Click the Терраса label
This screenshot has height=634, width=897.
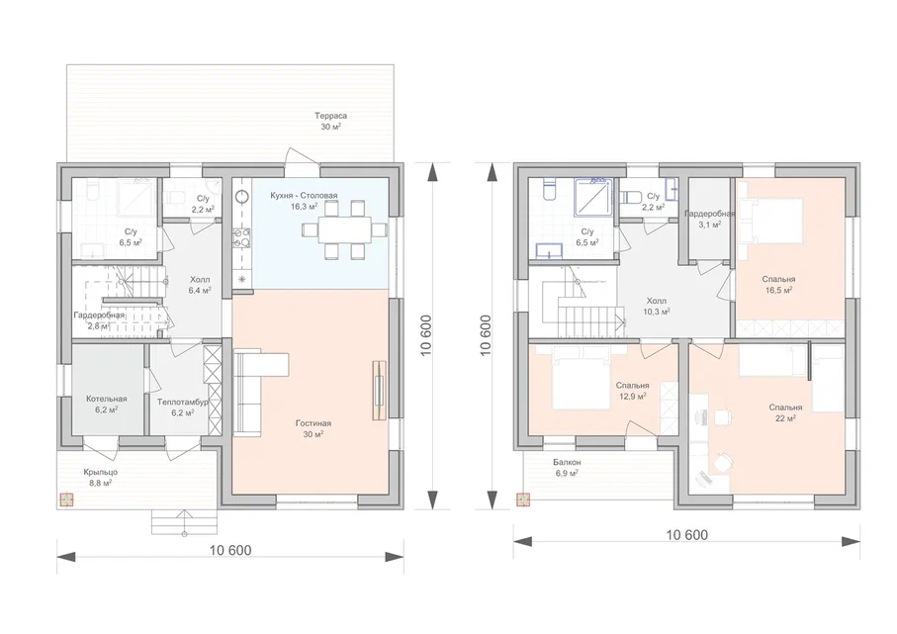[x=330, y=116]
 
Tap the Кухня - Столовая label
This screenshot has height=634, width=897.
[x=304, y=195]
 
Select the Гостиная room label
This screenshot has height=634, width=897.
[x=314, y=423]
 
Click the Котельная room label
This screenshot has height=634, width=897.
[x=107, y=399]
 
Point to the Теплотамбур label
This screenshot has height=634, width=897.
[x=183, y=403]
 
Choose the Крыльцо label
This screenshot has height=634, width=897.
[x=101, y=472]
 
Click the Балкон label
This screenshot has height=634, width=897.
[x=567, y=462]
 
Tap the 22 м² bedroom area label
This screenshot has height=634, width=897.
[x=785, y=418]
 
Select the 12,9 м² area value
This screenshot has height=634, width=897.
[x=633, y=396]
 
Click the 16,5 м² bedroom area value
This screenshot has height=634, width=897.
[x=778, y=290]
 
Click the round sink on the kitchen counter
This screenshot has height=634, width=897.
[x=242, y=197]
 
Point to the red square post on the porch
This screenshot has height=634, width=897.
[x=66, y=500]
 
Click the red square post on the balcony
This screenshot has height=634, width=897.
[x=523, y=499]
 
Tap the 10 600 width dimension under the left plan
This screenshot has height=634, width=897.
[x=230, y=551]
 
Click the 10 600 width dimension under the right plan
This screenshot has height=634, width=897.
[x=687, y=535]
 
